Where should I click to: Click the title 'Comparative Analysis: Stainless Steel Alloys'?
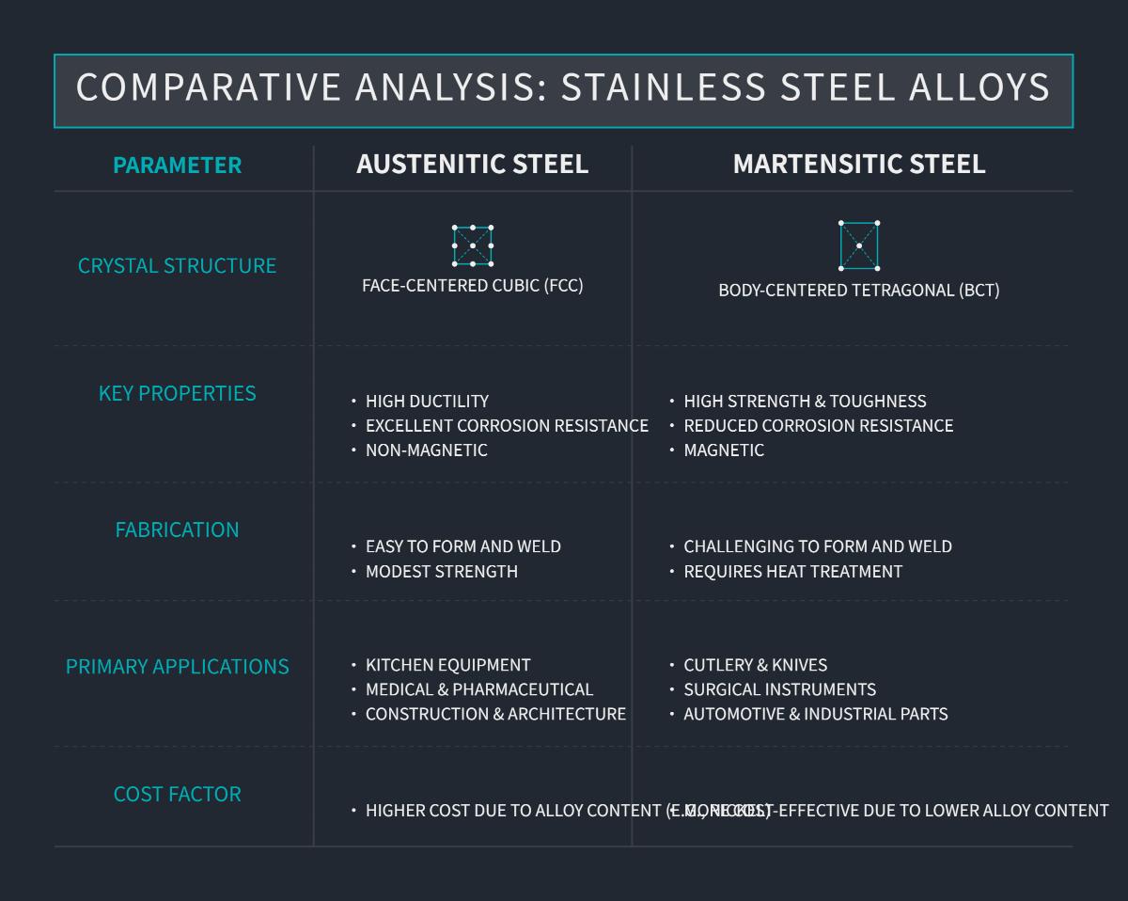[563, 87]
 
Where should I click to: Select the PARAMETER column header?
[177, 165]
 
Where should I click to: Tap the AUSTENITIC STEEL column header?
[472, 164]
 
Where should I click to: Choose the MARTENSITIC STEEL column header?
[858, 164]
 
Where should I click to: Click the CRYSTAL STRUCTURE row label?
[177, 265]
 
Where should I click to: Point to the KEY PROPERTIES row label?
[177, 393]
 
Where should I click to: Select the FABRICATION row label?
[177, 530]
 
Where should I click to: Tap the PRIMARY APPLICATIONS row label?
[177, 667]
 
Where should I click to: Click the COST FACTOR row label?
[177, 794]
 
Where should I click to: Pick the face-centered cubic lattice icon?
[472, 245]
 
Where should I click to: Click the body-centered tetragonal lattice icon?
[858, 245]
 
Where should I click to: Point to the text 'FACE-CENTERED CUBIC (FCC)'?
[472, 285]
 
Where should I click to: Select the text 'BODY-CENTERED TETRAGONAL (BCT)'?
[858, 290]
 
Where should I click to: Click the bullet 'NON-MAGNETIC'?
[426, 450]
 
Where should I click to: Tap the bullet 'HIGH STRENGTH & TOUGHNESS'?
[805, 402]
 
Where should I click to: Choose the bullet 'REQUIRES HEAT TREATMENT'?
[792, 572]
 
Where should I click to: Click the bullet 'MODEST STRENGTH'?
[441, 572]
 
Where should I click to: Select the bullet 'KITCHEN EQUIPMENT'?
[447, 665]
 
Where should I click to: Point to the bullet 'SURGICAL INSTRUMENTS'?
[779, 689]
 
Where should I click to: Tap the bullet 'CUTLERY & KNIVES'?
[755, 665]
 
